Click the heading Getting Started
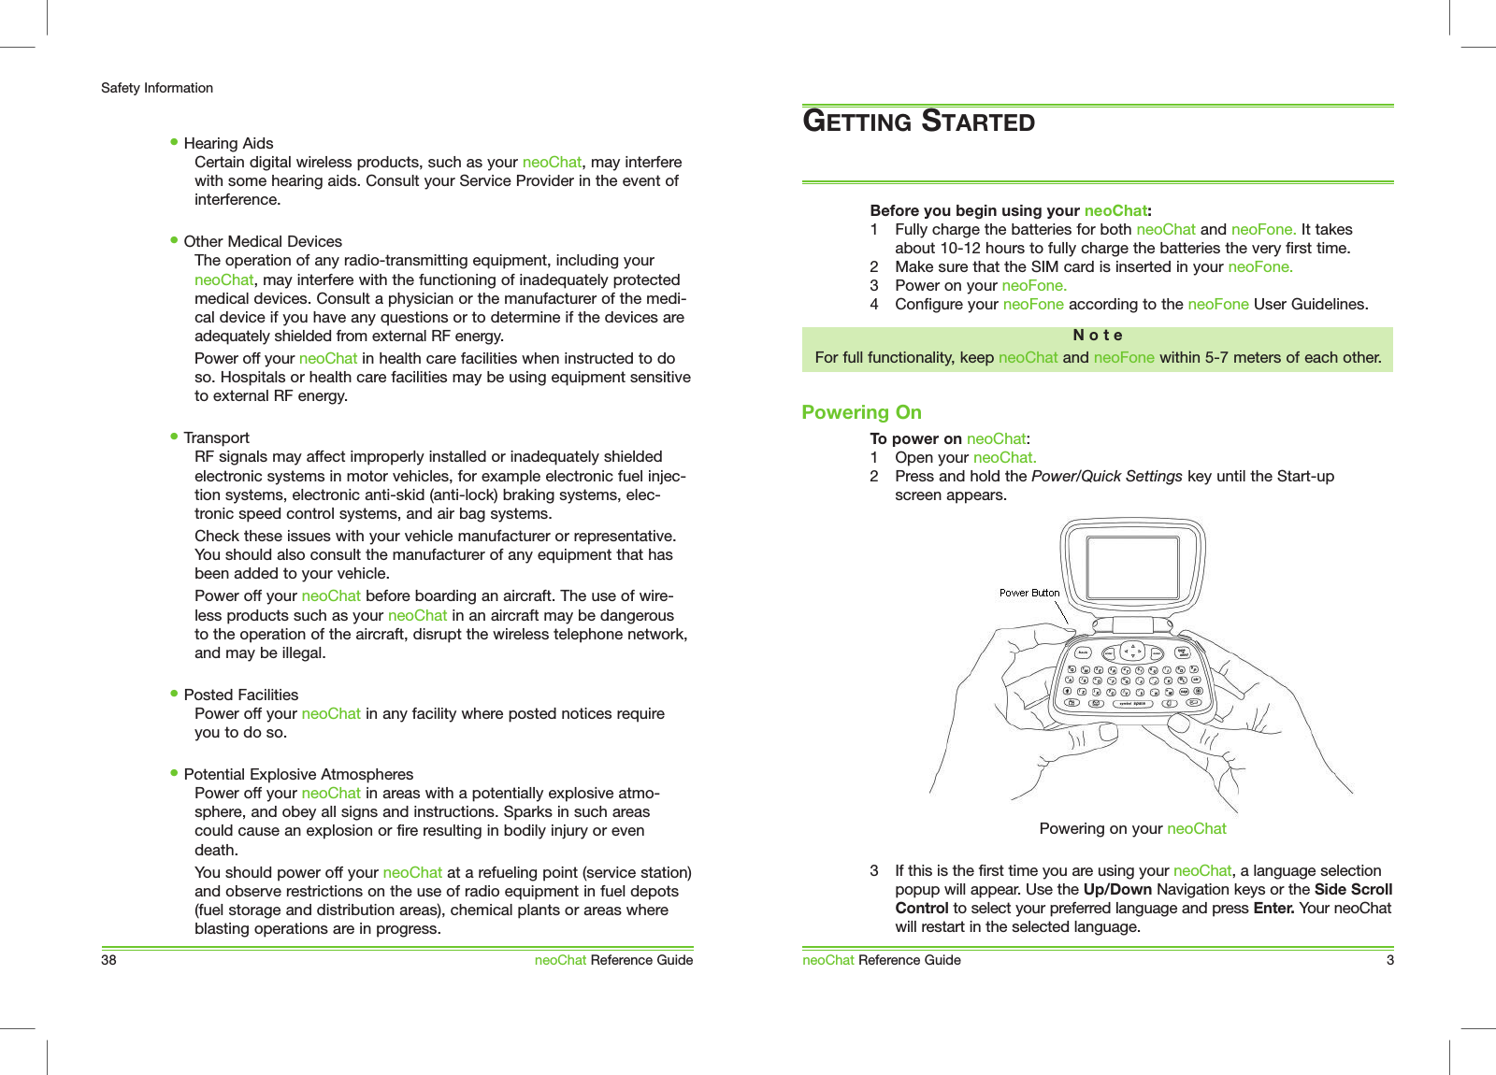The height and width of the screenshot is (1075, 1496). (x=918, y=122)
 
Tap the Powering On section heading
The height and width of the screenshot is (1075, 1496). (x=861, y=412)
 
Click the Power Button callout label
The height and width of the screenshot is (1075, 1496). (x=1028, y=593)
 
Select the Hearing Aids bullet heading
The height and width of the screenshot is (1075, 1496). (x=228, y=143)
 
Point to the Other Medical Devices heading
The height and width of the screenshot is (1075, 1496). (x=263, y=241)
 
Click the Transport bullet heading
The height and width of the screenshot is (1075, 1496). (x=216, y=437)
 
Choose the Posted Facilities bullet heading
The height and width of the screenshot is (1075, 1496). (x=240, y=695)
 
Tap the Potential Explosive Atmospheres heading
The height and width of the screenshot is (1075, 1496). (x=298, y=774)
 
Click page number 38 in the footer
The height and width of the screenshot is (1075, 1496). (x=108, y=960)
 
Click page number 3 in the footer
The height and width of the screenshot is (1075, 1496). (x=1389, y=960)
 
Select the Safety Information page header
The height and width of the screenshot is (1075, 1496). (x=157, y=88)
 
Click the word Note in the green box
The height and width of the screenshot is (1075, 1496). (x=1097, y=335)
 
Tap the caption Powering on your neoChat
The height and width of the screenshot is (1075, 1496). (x=1132, y=828)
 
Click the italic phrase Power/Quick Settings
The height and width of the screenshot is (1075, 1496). (x=1106, y=476)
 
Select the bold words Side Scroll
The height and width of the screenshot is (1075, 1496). (x=1353, y=889)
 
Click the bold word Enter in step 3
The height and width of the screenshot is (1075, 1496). (x=1273, y=908)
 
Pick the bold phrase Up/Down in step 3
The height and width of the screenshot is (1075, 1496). (x=1116, y=889)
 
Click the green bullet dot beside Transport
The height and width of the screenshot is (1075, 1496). (x=174, y=437)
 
